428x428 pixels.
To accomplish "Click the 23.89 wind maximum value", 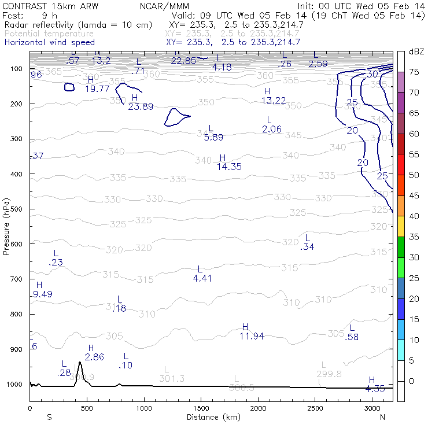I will (x=141, y=106).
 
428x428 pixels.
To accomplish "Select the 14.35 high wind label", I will (x=229, y=167).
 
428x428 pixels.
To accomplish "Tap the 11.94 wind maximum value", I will (x=252, y=336).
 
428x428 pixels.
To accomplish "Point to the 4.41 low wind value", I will (x=202, y=278).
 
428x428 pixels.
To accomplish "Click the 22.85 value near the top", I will (x=183, y=61).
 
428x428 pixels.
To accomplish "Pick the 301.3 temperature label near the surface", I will (x=171, y=378).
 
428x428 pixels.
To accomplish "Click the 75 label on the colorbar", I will (x=414, y=72).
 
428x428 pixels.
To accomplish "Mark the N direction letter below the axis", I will (x=382, y=417).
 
